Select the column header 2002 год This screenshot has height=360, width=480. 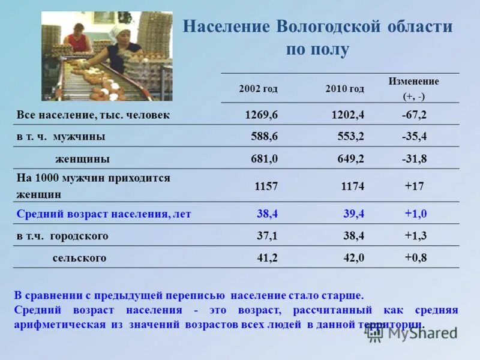point(258,89)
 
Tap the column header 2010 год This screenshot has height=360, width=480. point(344,89)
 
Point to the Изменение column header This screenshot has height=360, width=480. point(413,82)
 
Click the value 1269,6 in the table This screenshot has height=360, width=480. point(261,114)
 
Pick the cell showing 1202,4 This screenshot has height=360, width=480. point(347,114)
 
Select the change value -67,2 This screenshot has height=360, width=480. point(414,114)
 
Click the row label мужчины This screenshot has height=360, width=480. point(79,136)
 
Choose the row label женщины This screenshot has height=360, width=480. point(82,159)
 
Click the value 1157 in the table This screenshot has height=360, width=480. point(266,186)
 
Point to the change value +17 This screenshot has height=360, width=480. point(414,186)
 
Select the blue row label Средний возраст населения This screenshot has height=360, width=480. point(104,214)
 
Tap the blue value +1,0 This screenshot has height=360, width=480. point(415,214)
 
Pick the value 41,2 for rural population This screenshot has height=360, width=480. point(267,258)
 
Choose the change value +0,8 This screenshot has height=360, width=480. point(415,258)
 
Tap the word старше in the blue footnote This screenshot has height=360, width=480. point(342,295)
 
